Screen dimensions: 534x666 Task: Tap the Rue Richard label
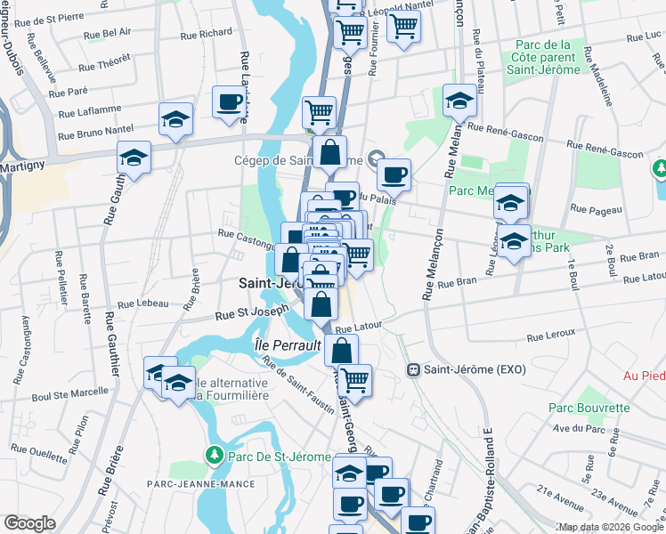206,35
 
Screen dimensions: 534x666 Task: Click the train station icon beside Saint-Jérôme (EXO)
413,369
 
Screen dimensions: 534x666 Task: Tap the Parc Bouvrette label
589,408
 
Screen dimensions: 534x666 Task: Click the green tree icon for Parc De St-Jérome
214,457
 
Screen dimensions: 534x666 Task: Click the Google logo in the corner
29,523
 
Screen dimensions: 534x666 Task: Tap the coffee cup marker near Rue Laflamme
230,101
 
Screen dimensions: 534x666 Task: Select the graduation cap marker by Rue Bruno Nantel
175,119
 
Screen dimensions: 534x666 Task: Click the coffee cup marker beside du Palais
394,174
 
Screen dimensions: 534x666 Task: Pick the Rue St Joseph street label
253,313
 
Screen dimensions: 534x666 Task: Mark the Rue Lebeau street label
142,303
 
